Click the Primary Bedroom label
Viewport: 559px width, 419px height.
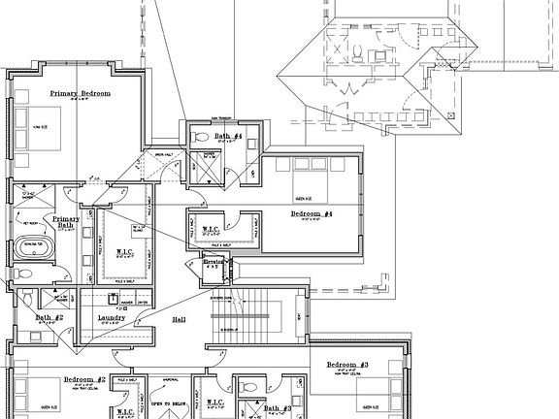pos(81,93)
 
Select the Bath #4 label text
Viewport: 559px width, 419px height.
pos(228,137)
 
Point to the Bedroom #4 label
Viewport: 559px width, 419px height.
pos(312,213)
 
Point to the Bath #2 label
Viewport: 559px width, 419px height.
pos(49,317)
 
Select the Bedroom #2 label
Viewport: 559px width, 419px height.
pos(84,380)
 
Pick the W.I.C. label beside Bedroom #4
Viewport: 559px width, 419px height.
pos(213,230)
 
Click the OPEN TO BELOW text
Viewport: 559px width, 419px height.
pos(168,403)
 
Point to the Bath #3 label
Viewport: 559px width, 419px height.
pos(279,409)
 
